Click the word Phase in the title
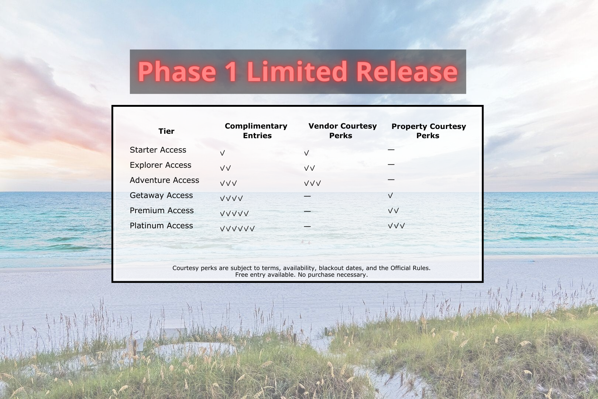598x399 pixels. (177, 72)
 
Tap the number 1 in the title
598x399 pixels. (231, 71)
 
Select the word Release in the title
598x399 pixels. (407, 71)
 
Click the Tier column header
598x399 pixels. (166, 131)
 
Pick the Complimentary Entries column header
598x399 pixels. (256, 131)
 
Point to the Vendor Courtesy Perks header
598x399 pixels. (343, 131)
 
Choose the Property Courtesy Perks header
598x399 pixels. (429, 131)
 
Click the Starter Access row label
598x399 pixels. (158, 150)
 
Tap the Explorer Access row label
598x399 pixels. (161, 165)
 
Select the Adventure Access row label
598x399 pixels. (164, 180)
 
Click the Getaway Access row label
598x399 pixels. (161, 195)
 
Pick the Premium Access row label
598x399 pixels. (162, 210)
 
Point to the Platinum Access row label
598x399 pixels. (161, 226)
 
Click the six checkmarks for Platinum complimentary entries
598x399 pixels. (237, 228)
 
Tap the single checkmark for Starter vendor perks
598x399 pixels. (306, 153)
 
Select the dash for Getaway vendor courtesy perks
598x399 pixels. (307, 196)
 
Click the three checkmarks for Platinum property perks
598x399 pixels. (396, 226)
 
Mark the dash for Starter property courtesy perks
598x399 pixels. (391, 150)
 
